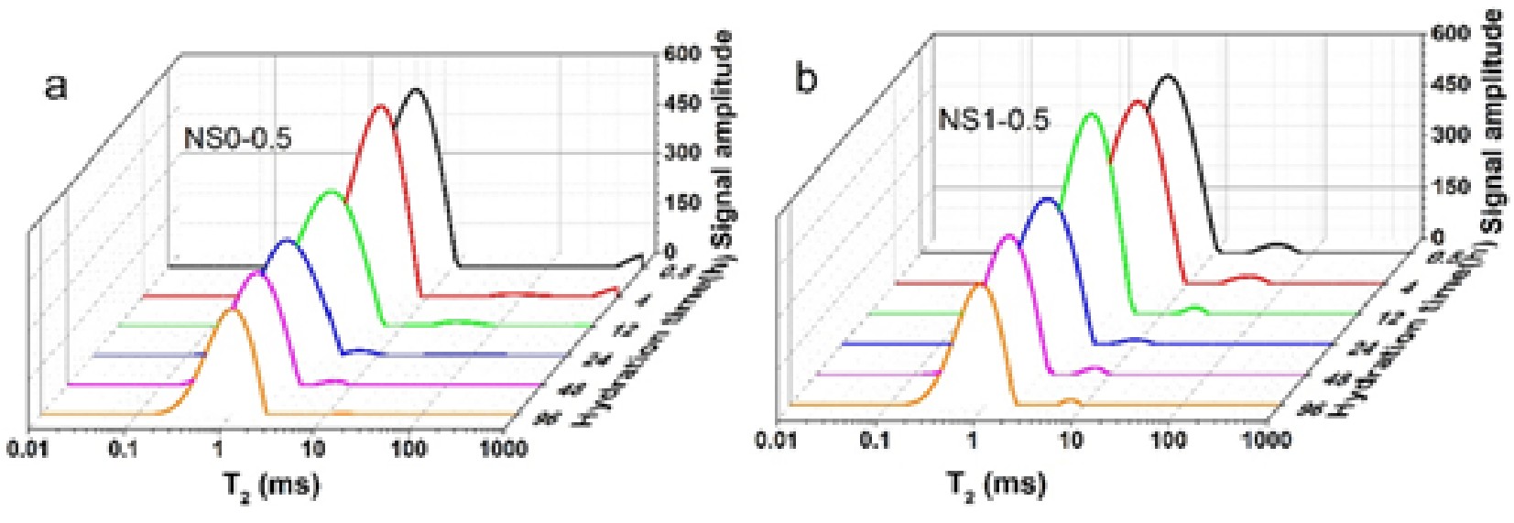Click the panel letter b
tap(807, 80)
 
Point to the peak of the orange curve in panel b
tap(978, 284)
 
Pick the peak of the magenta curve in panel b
tap(1008, 235)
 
